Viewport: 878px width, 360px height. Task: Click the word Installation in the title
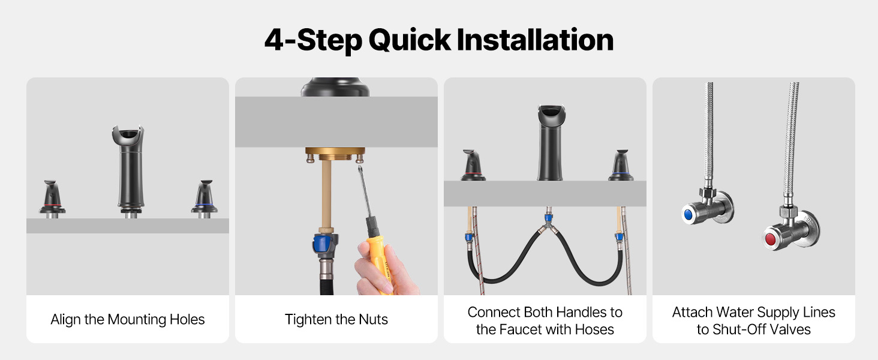(534, 40)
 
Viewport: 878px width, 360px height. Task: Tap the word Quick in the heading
(410, 41)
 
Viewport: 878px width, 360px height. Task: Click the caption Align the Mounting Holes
(127, 319)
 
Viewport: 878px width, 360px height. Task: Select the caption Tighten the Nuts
(336, 319)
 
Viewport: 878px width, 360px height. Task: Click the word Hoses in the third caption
(594, 329)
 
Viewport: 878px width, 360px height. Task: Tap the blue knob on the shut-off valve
(688, 214)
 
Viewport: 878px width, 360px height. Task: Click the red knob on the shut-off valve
(770, 239)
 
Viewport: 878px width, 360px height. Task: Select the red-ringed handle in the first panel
(52, 199)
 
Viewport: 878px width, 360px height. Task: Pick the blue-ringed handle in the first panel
(205, 199)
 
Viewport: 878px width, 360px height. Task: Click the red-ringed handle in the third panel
(473, 165)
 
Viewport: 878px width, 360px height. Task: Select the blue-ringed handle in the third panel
(621, 165)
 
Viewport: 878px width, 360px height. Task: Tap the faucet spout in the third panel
(551, 143)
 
